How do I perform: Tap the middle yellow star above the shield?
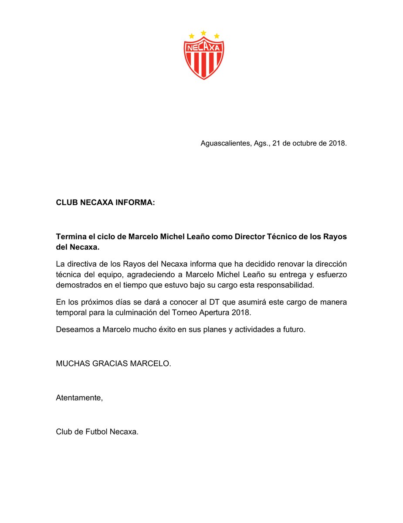pyautogui.click(x=203, y=33)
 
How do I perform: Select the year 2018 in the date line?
pyautogui.click(x=337, y=143)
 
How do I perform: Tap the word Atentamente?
pyautogui.click(x=79, y=397)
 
